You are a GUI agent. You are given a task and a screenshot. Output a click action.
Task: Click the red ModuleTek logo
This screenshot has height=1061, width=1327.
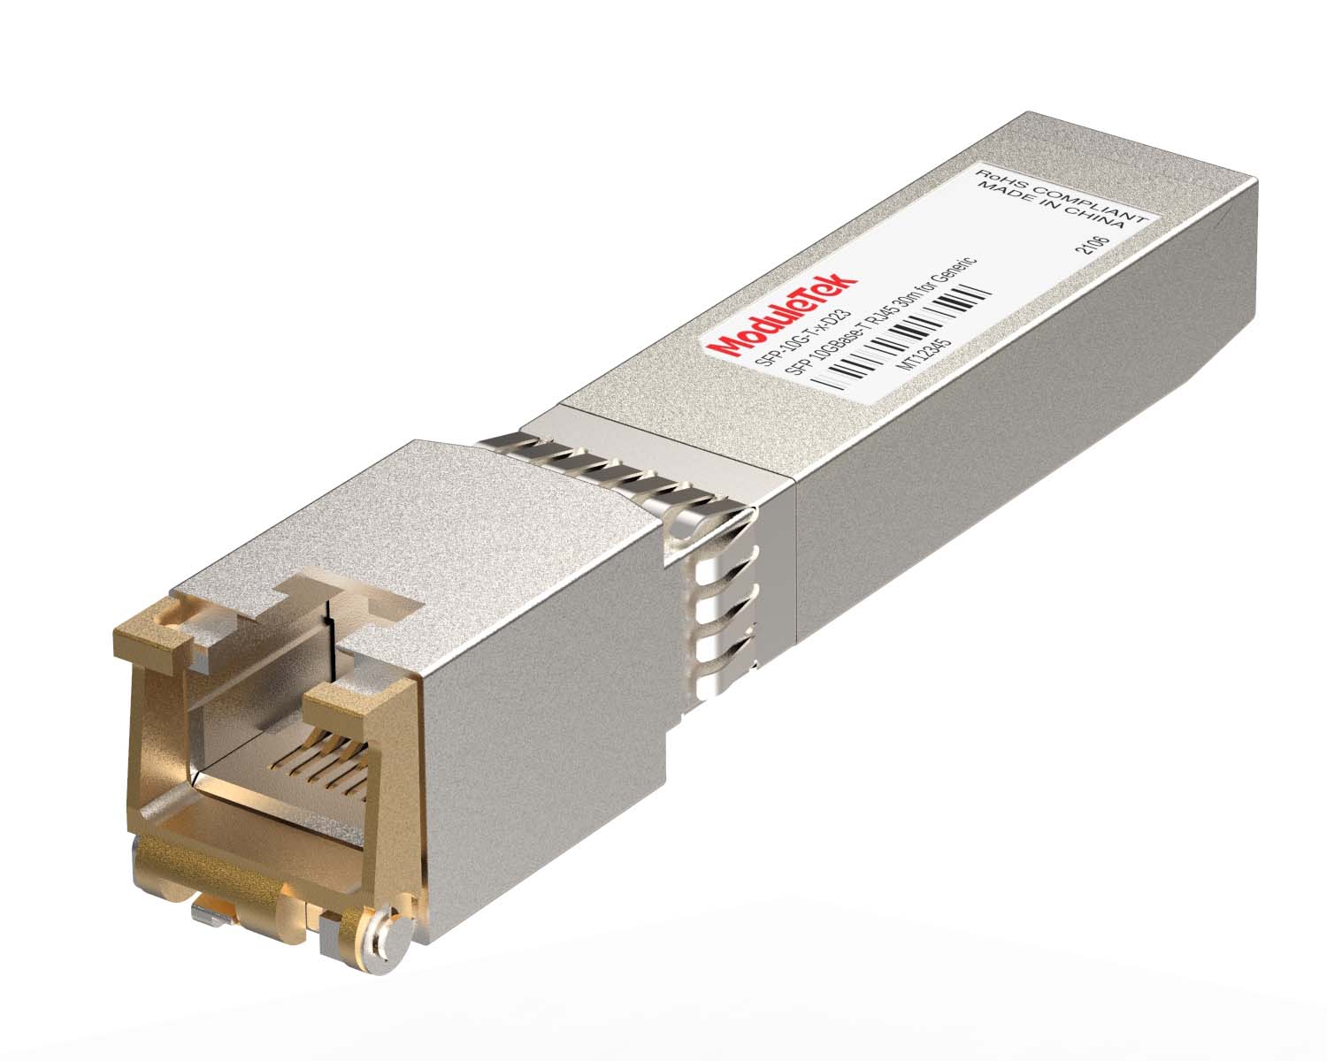pos(786,317)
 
